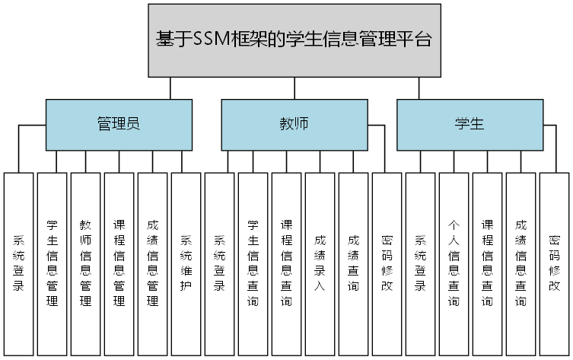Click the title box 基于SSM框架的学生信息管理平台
tap(294, 40)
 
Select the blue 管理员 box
tap(118, 124)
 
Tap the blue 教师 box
tap(294, 124)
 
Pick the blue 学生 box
tap(470, 124)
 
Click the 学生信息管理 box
tap(52, 263)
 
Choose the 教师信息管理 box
tap(85, 263)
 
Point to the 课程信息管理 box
tap(119, 263)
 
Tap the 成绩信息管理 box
tap(152, 263)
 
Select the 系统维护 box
tap(186, 263)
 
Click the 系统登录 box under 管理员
tap(18, 263)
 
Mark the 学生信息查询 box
tap(253, 263)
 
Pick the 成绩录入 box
tap(320, 263)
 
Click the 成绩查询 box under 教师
tap(353, 263)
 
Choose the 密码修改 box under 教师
tap(387, 263)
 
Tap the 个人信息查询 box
tap(454, 263)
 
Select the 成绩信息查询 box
tap(520, 263)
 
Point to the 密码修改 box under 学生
tap(554, 263)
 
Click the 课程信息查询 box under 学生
tap(487, 263)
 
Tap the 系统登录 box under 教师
tap(219, 263)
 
